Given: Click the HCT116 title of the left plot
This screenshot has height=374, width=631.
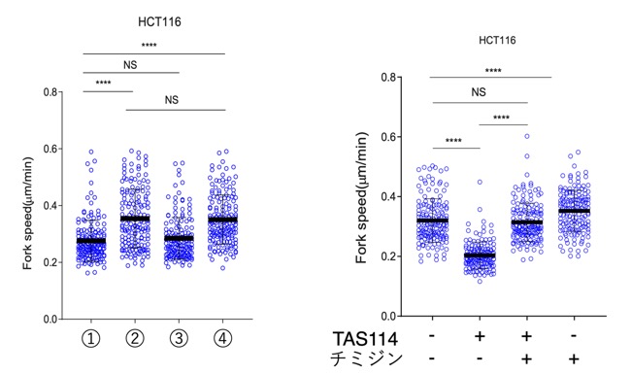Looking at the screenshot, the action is click(159, 21).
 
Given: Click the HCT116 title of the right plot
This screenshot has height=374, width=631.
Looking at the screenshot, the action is click(497, 40).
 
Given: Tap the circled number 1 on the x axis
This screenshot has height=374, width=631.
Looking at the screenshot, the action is click(91, 338).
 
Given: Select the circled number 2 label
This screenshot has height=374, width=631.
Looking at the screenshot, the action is click(135, 338).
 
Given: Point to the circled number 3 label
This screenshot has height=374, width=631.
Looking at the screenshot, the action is click(179, 338).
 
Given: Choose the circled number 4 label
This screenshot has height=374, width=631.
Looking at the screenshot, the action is click(222, 338).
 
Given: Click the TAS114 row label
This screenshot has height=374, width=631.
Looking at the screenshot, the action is click(365, 339).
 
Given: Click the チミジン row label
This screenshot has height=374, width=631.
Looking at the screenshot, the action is click(366, 358).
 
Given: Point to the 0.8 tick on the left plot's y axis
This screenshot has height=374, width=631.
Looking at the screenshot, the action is click(50, 92).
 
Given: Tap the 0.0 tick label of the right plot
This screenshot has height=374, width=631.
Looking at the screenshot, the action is click(388, 317).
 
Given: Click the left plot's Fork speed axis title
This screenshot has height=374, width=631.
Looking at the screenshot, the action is click(27, 214).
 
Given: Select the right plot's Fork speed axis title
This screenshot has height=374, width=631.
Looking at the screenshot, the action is click(361, 198).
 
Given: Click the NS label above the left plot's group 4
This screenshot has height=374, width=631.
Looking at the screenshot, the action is click(172, 100).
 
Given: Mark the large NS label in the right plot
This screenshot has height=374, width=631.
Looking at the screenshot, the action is click(479, 92).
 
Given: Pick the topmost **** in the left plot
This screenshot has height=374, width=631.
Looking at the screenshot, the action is click(149, 45).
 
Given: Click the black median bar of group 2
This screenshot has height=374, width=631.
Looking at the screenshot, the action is click(135, 219).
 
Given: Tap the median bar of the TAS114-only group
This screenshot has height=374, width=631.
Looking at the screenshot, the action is click(480, 255).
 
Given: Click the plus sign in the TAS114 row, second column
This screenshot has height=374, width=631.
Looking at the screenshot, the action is click(480, 336).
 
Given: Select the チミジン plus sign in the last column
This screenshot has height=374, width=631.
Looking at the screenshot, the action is click(574, 358).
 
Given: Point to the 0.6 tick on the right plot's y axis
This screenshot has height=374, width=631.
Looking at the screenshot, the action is click(388, 137).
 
